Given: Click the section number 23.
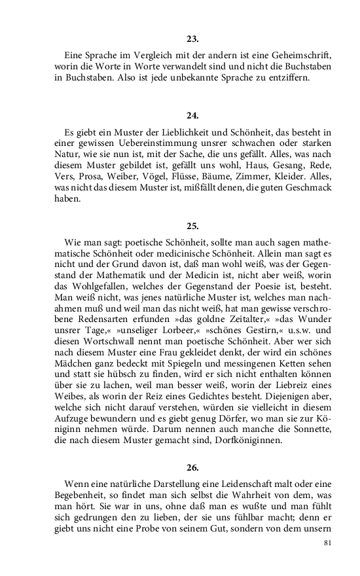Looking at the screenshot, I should pyautogui.click(x=192, y=39).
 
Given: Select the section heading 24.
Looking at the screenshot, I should pyautogui.click(x=192, y=115).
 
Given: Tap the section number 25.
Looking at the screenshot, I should pyautogui.click(x=192, y=226).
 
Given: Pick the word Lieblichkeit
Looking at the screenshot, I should pyautogui.click(x=164, y=132).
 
